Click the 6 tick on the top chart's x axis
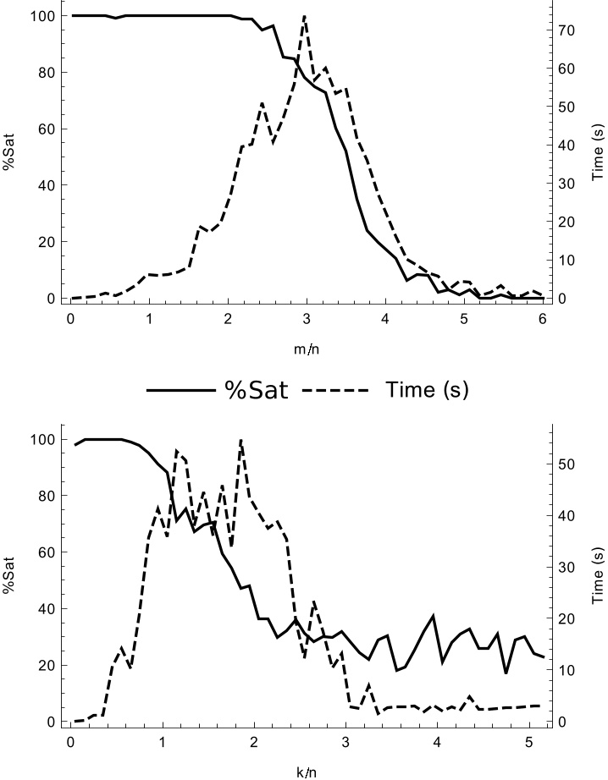coord(542,318)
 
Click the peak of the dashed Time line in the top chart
coord(304,16)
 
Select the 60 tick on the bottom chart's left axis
coord(47,552)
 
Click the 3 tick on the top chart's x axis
coord(306,318)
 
